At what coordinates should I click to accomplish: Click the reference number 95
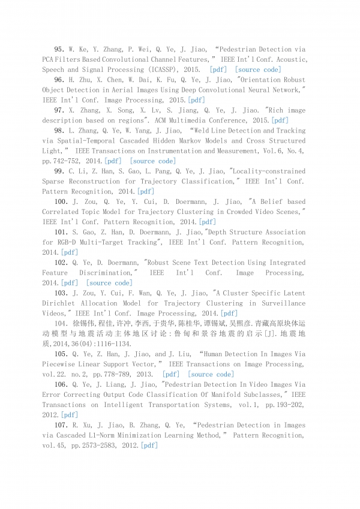coord(59,49)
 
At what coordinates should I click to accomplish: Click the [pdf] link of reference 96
coord(197,100)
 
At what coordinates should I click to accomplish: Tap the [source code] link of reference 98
coord(153,161)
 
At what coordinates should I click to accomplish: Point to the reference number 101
coord(61,232)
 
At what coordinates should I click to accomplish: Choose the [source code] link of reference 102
coord(109,283)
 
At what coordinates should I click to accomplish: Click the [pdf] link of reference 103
coord(229,314)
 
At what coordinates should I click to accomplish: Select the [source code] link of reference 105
coord(211,375)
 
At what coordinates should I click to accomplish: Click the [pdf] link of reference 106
coord(70,415)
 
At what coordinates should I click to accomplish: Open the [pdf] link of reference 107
coord(149,446)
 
